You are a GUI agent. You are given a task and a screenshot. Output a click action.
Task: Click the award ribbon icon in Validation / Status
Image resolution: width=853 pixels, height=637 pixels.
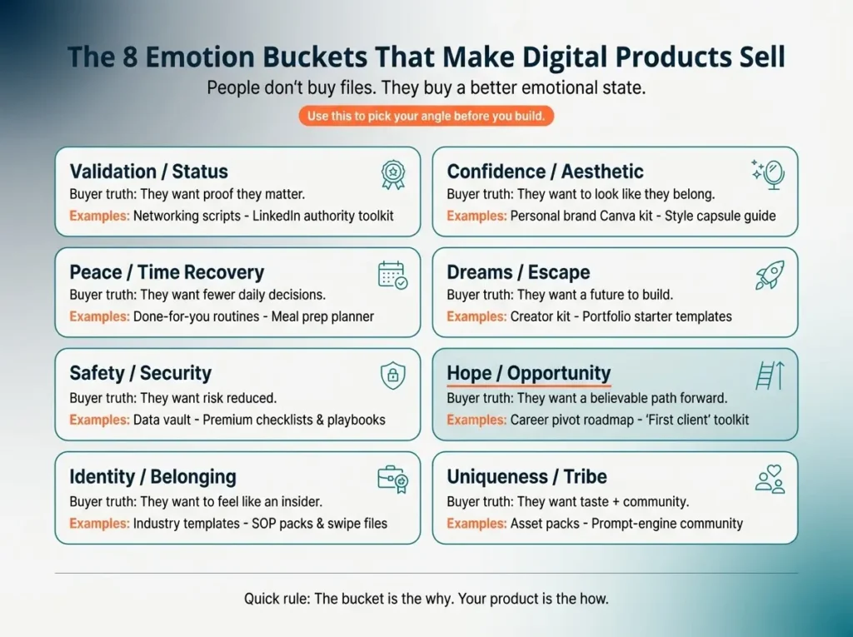[x=392, y=173]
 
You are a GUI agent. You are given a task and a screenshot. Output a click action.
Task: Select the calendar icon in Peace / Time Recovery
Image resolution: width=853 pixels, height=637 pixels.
[x=392, y=275]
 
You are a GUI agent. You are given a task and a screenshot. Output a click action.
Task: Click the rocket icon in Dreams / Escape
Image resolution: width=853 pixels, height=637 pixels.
[x=769, y=276]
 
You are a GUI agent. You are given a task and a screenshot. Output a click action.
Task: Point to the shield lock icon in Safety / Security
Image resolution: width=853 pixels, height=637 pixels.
[x=392, y=376]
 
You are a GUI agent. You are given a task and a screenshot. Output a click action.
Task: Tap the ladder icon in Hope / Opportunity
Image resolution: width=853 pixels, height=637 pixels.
[x=768, y=376]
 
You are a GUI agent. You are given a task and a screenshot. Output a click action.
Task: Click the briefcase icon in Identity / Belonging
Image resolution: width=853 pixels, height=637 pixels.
[x=392, y=479]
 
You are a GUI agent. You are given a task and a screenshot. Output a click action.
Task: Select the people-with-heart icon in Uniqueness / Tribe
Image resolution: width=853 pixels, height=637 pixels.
[x=769, y=479]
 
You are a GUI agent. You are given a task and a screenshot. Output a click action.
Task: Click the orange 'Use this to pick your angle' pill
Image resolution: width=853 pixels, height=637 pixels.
[x=426, y=117]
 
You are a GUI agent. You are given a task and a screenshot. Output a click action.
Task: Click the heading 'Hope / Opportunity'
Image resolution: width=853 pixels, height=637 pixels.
[x=529, y=374]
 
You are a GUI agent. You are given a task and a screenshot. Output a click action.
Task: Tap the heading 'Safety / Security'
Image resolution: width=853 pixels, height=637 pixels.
[x=141, y=373]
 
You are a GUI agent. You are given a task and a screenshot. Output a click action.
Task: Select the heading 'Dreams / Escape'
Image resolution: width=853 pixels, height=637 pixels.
[x=518, y=272]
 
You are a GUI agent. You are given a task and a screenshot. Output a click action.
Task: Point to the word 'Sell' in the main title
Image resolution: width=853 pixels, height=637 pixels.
[x=756, y=57]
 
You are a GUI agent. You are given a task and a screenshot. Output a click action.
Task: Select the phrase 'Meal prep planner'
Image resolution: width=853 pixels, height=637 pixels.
[x=323, y=316]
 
